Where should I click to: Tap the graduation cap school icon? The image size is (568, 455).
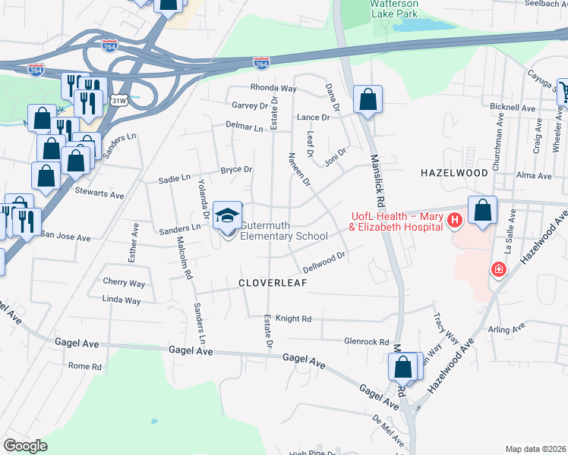pyautogui.click(x=227, y=216)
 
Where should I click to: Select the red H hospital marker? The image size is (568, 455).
pyautogui.click(x=454, y=221)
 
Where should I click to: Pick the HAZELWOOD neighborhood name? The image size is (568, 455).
pyautogui.click(x=453, y=174)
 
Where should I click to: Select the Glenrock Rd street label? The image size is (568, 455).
pyautogui.click(x=366, y=342)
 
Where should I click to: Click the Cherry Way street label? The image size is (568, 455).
pyautogui.click(x=124, y=283)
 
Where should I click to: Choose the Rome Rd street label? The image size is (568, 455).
pyautogui.click(x=85, y=366)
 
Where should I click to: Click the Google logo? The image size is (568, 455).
pyautogui.click(x=26, y=446)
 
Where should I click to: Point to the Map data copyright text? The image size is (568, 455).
pyautogui.click(x=535, y=449)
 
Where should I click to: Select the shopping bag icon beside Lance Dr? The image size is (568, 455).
pyautogui.click(x=368, y=100)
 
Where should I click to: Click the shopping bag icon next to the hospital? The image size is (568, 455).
pyautogui.click(x=483, y=210)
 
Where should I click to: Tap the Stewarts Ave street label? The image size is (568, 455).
pyautogui.click(x=99, y=195)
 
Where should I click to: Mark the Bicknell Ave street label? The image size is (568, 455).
pyautogui.click(x=511, y=107)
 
